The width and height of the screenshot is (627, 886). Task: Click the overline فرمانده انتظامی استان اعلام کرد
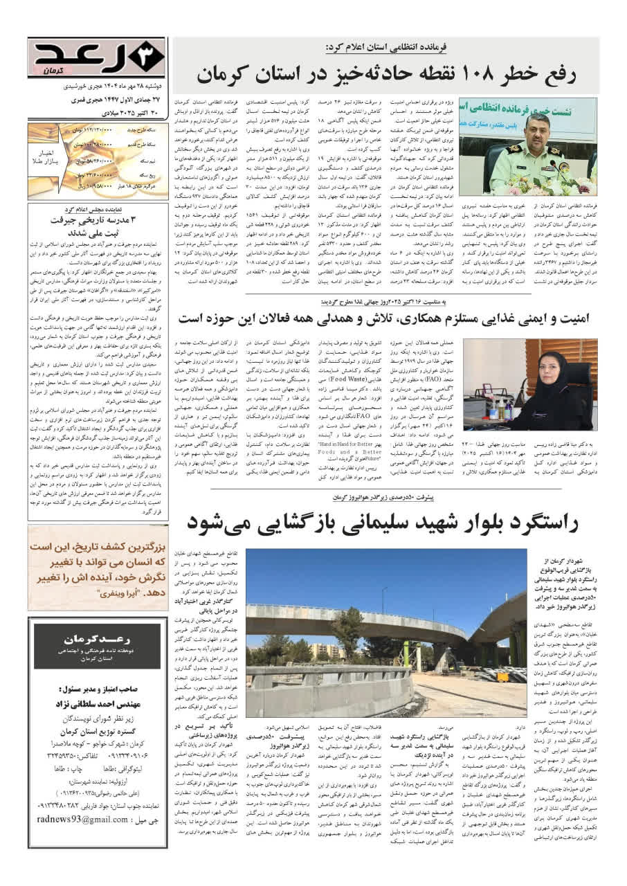(386, 47)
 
